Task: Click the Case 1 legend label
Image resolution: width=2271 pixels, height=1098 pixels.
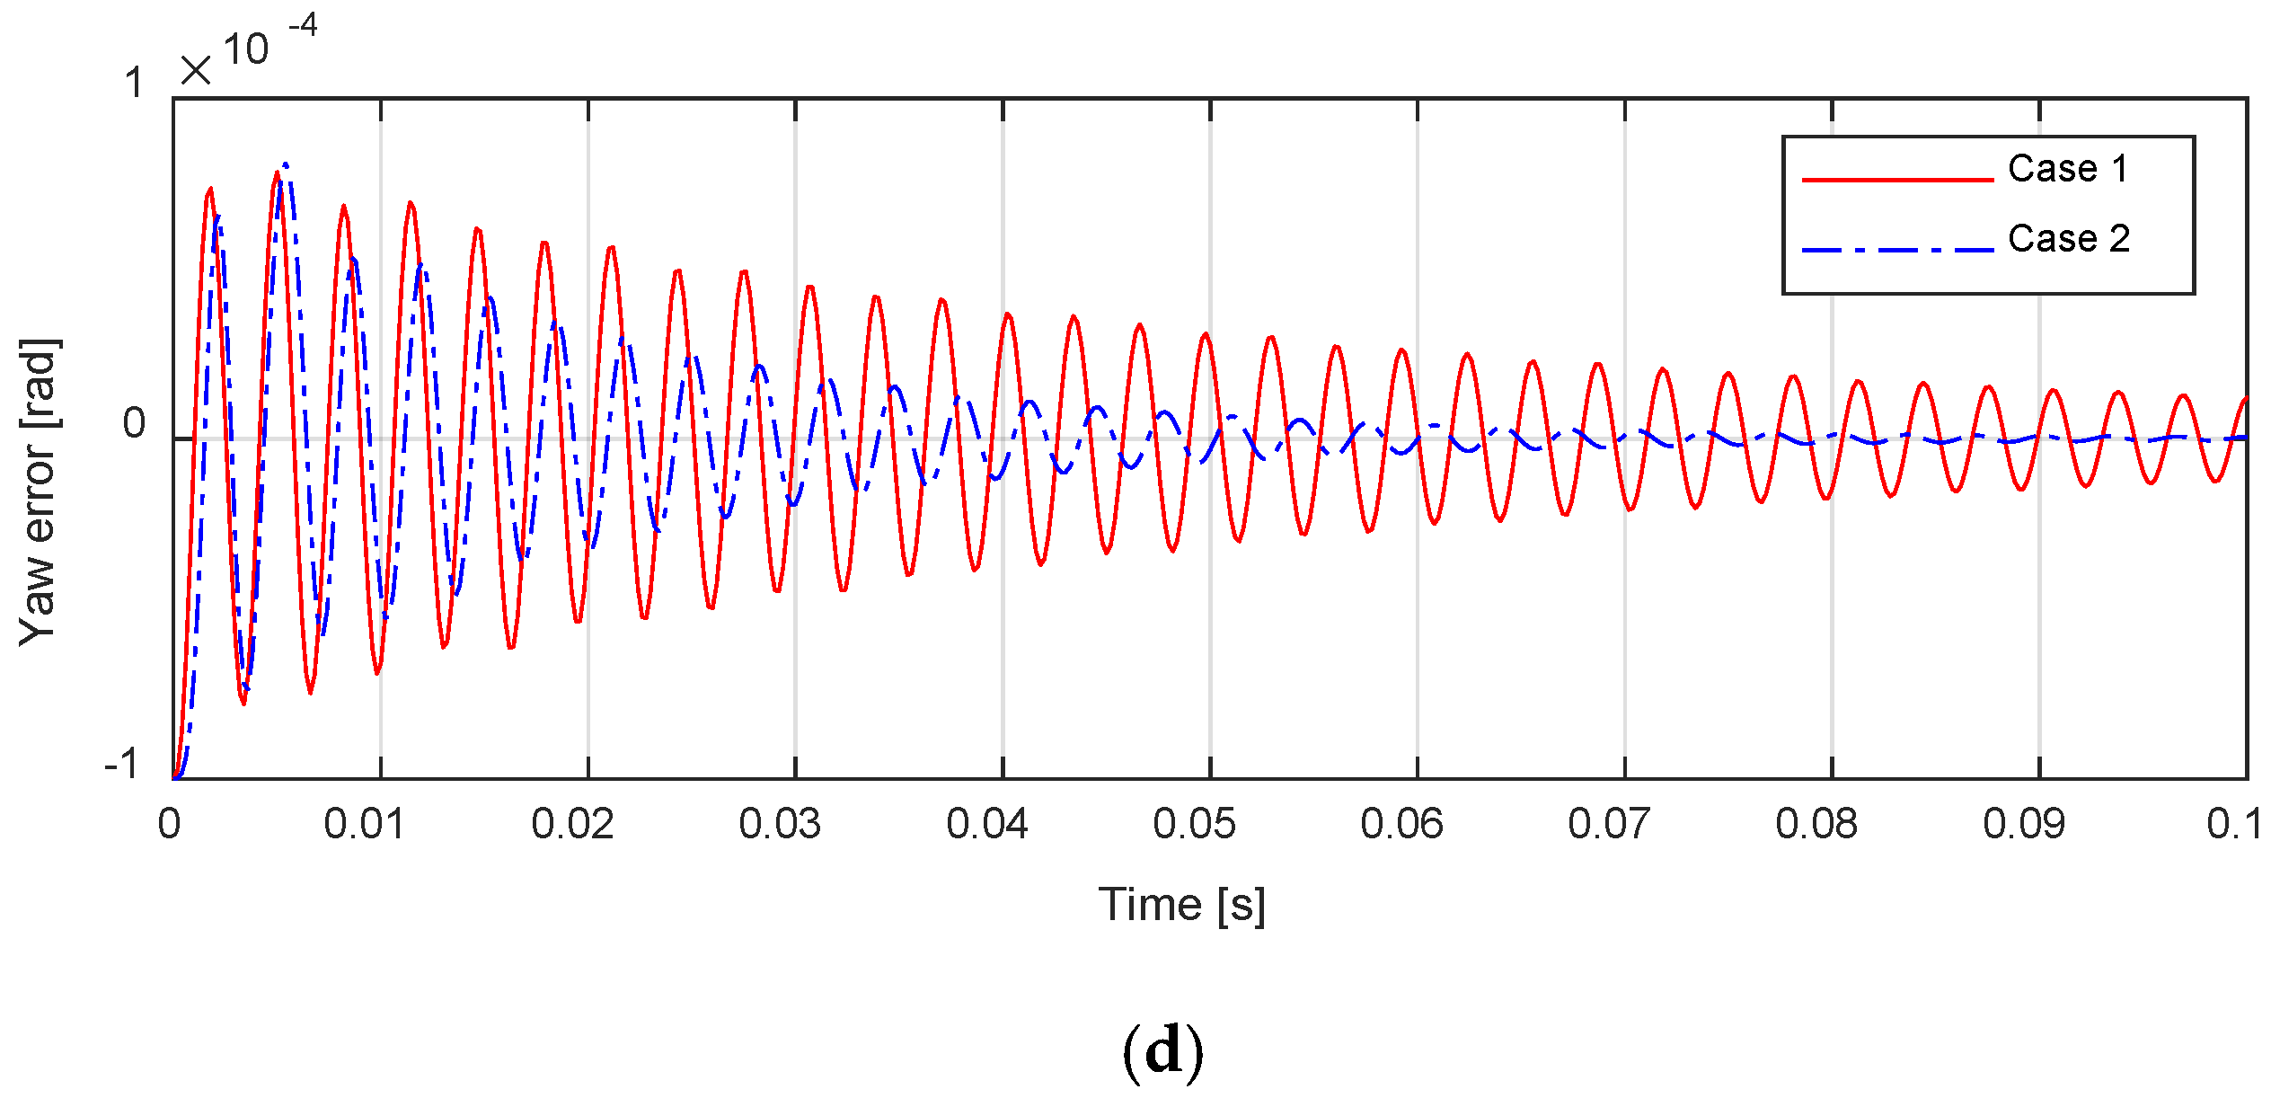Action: [x=2068, y=169]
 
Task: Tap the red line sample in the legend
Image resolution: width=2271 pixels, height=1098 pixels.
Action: [x=1897, y=180]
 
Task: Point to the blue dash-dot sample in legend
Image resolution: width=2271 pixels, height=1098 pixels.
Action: [x=1897, y=249]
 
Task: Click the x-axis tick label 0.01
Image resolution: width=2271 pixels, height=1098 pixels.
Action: [x=364, y=824]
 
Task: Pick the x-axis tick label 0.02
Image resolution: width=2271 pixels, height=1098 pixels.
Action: [x=572, y=824]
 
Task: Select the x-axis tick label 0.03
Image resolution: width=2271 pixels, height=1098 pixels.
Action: [x=780, y=824]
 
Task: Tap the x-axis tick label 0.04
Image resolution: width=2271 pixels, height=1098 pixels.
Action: [x=986, y=824]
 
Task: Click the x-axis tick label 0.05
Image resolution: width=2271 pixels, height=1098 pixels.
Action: [x=1194, y=824]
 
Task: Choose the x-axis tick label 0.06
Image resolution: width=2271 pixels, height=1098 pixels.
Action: [x=1401, y=824]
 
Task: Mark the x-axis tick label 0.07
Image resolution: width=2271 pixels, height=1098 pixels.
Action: [x=1609, y=824]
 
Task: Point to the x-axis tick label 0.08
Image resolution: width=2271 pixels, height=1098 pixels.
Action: [x=1816, y=824]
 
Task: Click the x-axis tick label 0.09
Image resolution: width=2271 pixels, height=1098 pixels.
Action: [x=2024, y=824]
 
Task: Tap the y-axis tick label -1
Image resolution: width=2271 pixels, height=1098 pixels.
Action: [x=121, y=765]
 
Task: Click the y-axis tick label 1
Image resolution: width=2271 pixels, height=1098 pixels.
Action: [x=134, y=84]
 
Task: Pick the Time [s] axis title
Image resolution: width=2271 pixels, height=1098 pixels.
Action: [x=1181, y=905]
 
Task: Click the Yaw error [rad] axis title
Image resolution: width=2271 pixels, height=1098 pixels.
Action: [x=40, y=492]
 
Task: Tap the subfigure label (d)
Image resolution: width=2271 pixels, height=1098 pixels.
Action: [x=1162, y=1050]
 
